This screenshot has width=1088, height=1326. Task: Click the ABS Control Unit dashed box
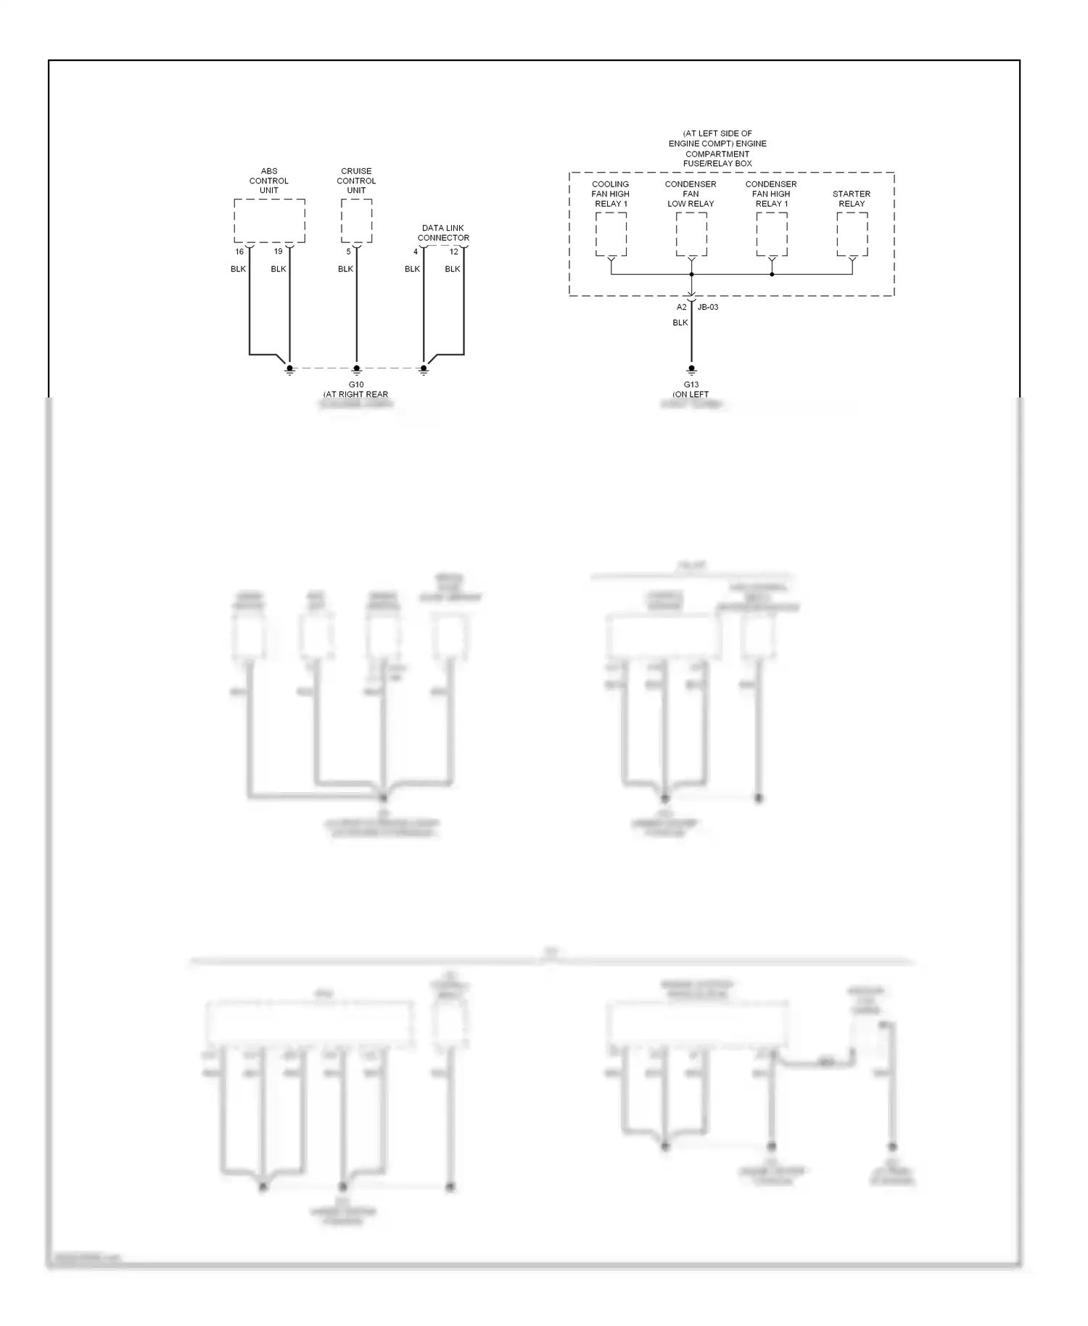[x=269, y=221]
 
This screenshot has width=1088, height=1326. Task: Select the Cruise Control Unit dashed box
[x=356, y=221]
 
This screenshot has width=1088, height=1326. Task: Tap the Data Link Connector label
[x=443, y=233]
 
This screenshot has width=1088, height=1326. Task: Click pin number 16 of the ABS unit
[x=239, y=252]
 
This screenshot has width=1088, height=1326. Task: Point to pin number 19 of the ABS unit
[x=278, y=252]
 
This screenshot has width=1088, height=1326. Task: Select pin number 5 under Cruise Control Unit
[x=348, y=252]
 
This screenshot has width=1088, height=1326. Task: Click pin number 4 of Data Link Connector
[x=416, y=252]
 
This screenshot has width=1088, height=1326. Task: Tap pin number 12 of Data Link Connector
[x=454, y=252]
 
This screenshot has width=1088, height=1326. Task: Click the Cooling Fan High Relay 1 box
[x=611, y=234]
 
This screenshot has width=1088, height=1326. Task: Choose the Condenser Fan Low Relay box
[x=691, y=234]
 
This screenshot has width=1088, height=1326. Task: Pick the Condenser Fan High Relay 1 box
[x=772, y=234]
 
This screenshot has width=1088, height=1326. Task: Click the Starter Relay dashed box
[x=852, y=234]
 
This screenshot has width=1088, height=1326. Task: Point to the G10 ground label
[x=356, y=384]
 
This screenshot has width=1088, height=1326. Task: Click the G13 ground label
[x=691, y=384]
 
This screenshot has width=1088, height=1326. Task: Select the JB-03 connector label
[x=708, y=307]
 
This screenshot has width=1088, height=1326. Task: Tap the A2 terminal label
[x=681, y=307]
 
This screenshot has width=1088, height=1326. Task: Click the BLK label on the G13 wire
[x=680, y=323]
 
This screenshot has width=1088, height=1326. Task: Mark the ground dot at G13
[x=691, y=368]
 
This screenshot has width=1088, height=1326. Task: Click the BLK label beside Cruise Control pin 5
[x=345, y=269]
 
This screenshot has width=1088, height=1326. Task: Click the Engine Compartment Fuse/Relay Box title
[x=717, y=149]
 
